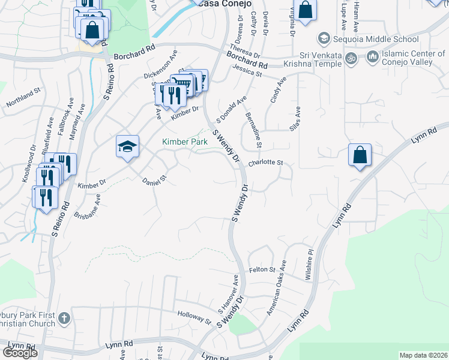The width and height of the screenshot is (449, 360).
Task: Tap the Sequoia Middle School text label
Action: pos(377,39)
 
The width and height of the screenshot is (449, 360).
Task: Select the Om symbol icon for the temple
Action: pos(353,58)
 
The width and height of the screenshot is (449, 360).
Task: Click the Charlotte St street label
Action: pos(265,163)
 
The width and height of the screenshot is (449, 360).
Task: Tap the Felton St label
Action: pos(262,270)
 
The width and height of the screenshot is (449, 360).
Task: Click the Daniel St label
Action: pos(154,181)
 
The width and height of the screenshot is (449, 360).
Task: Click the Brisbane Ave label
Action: pos(88,205)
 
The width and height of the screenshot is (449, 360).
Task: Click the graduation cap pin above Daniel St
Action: pos(127,147)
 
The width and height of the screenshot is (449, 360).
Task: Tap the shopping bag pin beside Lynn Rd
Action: pos(359,155)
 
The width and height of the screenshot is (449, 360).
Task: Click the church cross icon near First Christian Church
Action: pos(65,317)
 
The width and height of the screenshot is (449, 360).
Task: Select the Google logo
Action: pos(20,353)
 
